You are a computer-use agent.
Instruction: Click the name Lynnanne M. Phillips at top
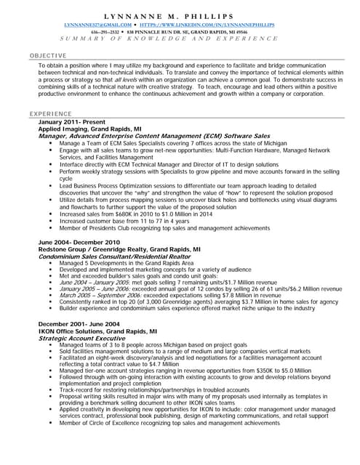[x=180, y=16]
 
